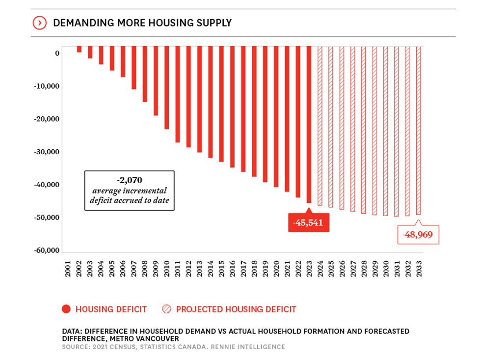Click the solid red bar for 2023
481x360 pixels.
tap(309, 125)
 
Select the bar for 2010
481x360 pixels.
tap(166, 88)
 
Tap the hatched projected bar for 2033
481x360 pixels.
tap(419, 131)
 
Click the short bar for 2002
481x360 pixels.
tap(79, 50)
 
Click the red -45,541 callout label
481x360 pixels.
tap(308, 222)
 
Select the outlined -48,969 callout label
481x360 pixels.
tap(418, 235)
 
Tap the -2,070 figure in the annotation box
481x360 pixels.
tap(130, 180)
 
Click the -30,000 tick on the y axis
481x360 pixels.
tap(47, 152)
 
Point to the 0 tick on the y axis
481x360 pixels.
tap(57, 53)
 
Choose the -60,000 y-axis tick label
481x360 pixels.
tap(47, 250)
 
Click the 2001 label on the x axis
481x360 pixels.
tap(68, 269)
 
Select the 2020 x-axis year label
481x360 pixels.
tap(276, 269)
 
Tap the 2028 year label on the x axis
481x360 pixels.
tap(364, 269)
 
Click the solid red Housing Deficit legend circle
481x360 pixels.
tap(66, 309)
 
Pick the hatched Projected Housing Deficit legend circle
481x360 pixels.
tap(167, 309)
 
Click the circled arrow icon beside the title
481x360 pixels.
tap(40, 23)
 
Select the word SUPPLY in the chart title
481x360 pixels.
tap(212, 23)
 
